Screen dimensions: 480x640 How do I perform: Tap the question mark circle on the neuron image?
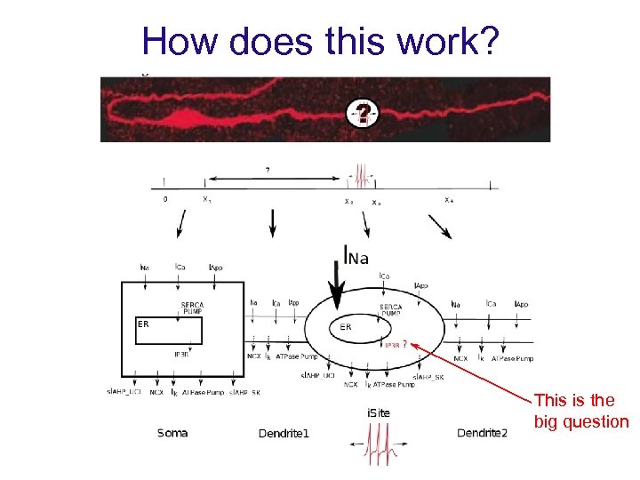point(363,115)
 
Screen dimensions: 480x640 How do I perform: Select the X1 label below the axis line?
point(206,200)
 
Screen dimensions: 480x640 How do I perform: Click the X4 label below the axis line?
point(450,200)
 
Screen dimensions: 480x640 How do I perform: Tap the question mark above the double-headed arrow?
point(268,169)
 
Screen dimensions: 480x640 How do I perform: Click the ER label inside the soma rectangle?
point(143,324)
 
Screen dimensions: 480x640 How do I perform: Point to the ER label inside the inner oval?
point(346,326)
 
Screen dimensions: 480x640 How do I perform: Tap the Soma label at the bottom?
point(172,433)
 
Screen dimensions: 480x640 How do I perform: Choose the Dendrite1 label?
point(284,434)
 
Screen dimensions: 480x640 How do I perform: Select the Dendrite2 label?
point(482,433)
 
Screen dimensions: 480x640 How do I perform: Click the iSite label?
point(379,412)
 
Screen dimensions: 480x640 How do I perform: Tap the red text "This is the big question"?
point(580,412)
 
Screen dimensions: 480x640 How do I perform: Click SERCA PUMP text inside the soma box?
point(193,308)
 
